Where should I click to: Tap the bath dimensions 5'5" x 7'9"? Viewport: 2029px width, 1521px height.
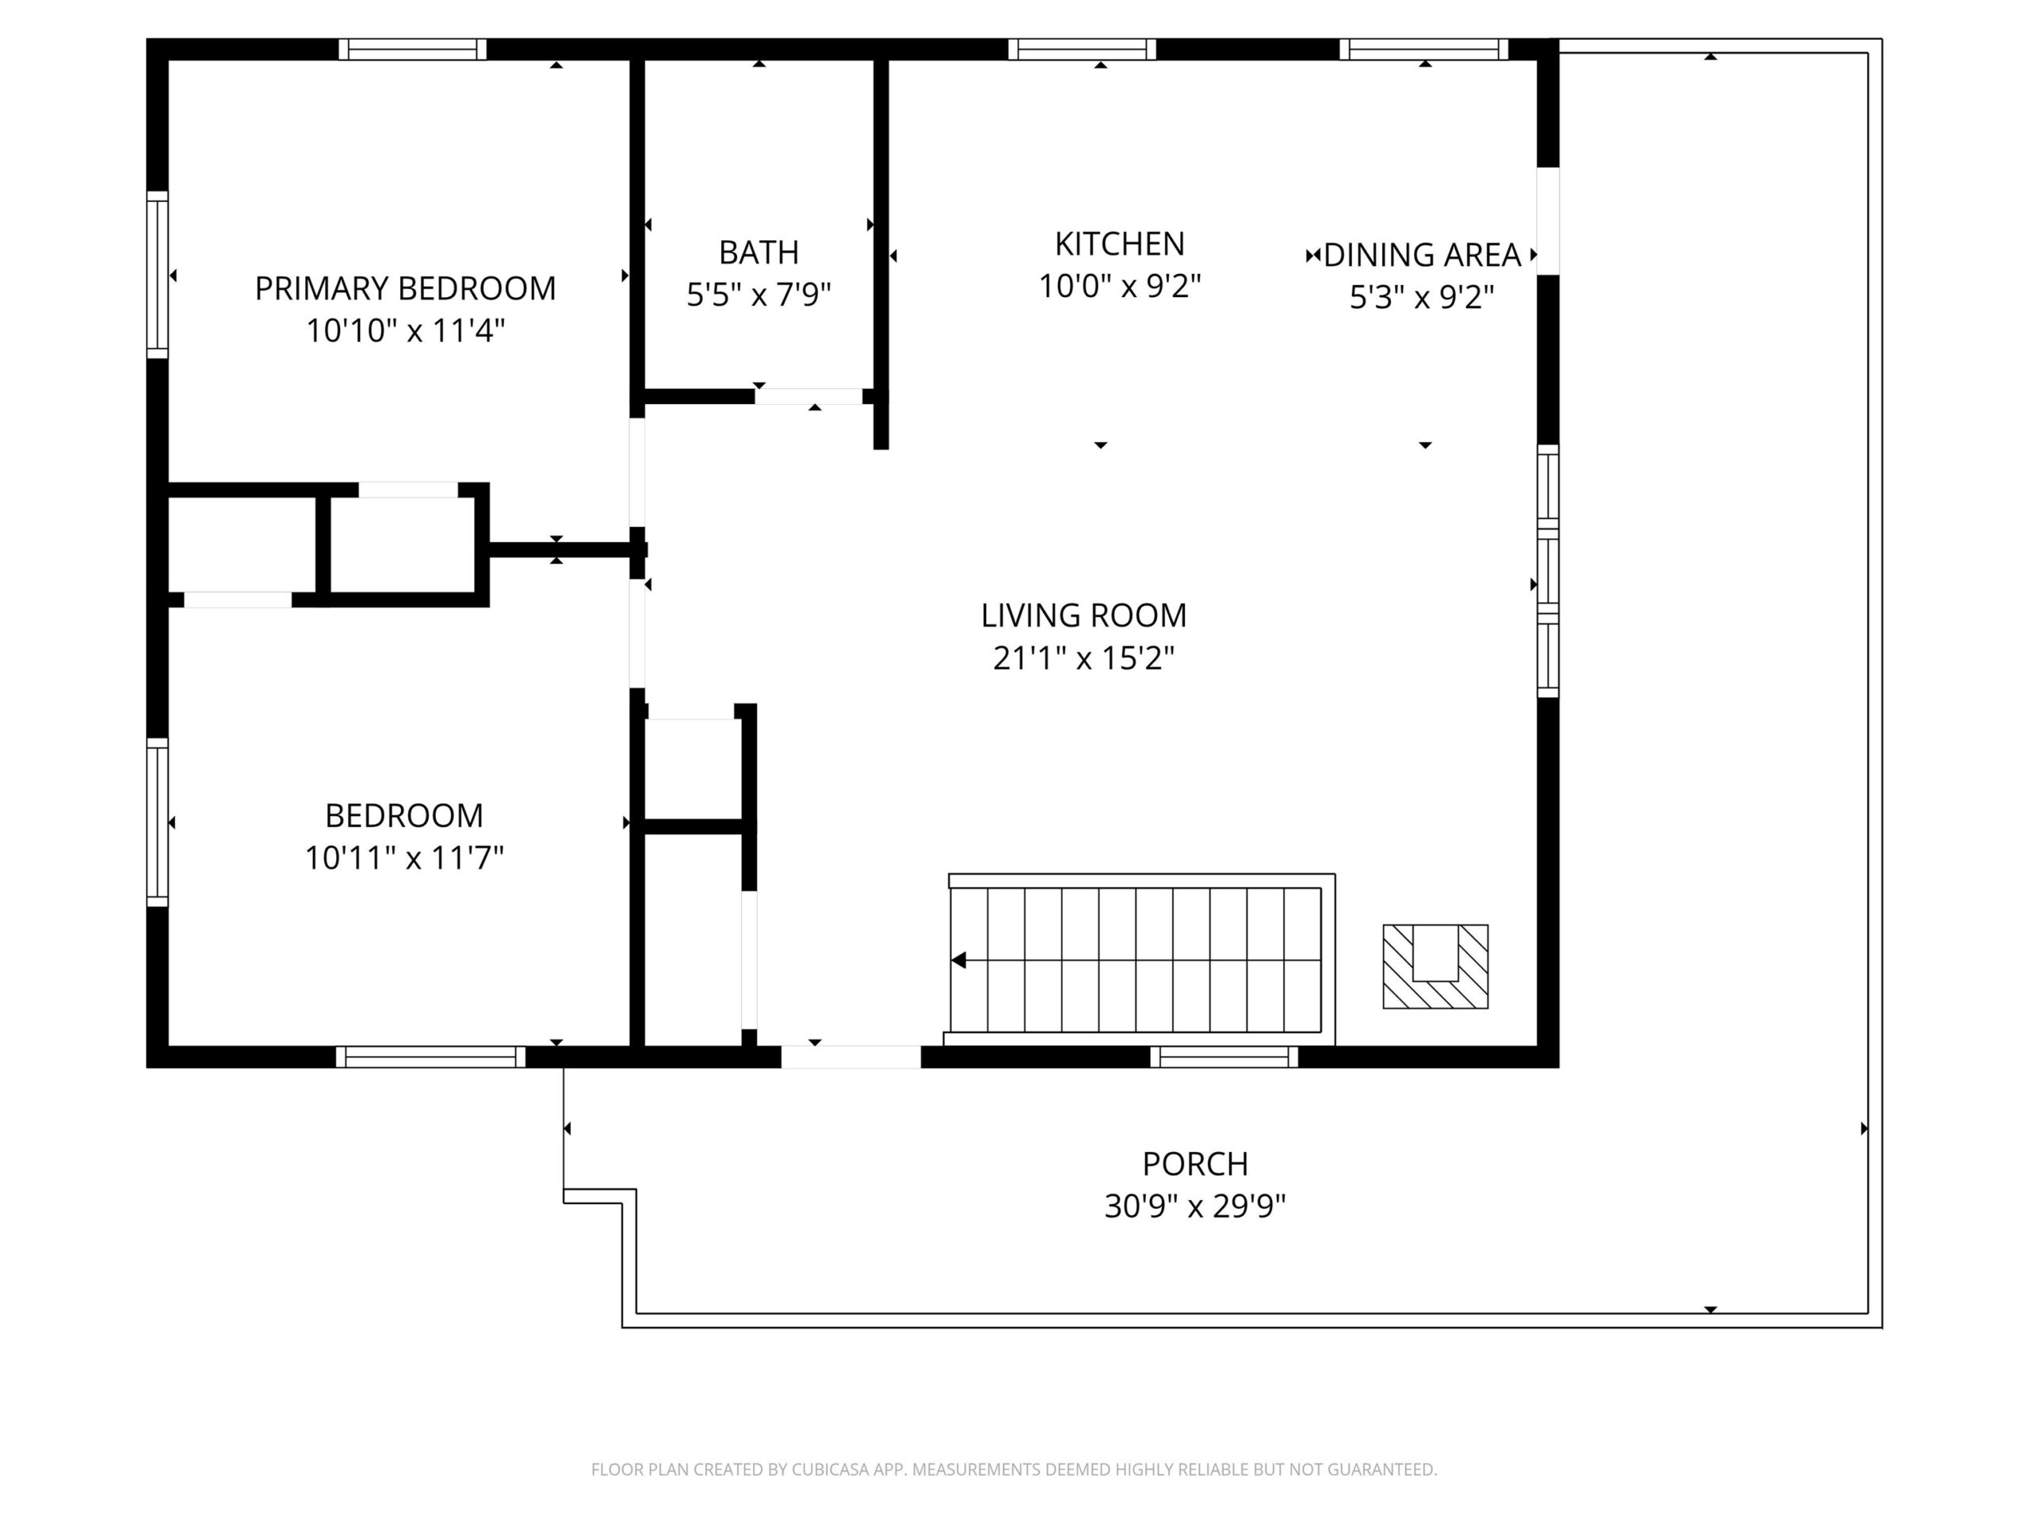pos(758,295)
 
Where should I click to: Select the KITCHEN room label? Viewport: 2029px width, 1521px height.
pos(1119,244)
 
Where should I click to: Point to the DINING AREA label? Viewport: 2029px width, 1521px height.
pos(1422,255)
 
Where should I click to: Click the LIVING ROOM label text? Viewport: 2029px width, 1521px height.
pos(1083,616)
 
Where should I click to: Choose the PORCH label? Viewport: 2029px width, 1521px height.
pos(1194,1164)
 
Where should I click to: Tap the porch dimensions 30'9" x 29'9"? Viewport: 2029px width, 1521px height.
pos(1194,1206)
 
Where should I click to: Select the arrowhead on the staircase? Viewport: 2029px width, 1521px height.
pos(958,960)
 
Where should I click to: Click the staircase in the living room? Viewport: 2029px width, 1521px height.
pos(1139,959)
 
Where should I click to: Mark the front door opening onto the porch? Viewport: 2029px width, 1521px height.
pos(850,1056)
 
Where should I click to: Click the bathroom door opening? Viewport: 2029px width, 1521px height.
pos(809,396)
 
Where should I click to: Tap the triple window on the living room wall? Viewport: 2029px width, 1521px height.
pos(1547,570)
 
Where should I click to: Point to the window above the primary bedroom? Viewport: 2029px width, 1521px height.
pos(412,49)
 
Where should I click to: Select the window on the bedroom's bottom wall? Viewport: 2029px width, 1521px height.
pos(430,1056)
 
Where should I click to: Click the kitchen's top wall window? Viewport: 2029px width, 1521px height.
pos(1083,49)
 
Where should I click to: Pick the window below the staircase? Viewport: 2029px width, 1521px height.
pos(1224,1056)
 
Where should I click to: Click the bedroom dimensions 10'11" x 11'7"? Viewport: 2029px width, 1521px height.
pos(403,857)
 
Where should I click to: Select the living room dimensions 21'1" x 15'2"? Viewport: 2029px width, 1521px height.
pos(1083,658)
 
